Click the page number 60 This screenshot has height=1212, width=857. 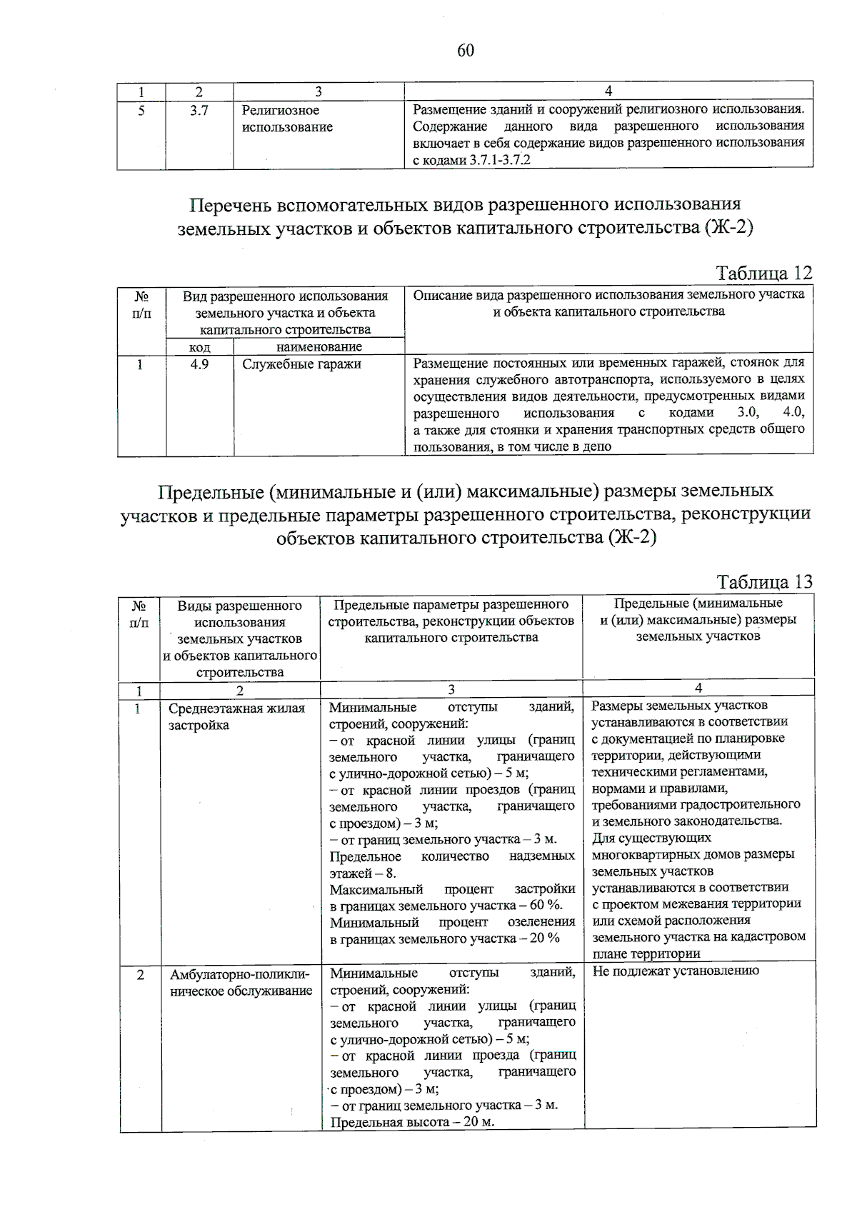[x=465, y=50]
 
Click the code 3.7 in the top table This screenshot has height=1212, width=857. [x=199, y=111]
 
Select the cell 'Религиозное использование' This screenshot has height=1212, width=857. [x=287, y=119]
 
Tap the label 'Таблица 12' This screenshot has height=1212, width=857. [x=763, y=273]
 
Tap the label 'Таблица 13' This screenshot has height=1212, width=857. [x=763, y=581]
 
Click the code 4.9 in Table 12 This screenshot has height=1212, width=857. [x=199, y=364]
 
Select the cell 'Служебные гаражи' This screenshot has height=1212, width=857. [x=301, y=364]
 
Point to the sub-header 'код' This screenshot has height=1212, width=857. [x=199, y=347]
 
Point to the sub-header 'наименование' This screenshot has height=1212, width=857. [x=319, y=347]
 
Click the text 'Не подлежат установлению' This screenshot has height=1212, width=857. [x=676, y=971]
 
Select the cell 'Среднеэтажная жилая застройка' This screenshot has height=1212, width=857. [x=236, y=716]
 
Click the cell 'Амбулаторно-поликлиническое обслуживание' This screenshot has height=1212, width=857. [x=241, y=982]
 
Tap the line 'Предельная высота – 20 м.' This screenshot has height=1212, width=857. [x=412, y=1121]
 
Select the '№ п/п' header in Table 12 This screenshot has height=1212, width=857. [x=141, y=304]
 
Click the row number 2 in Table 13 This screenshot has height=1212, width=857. [x=140, y=974]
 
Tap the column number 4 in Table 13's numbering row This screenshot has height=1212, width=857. [x=698, y=688]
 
